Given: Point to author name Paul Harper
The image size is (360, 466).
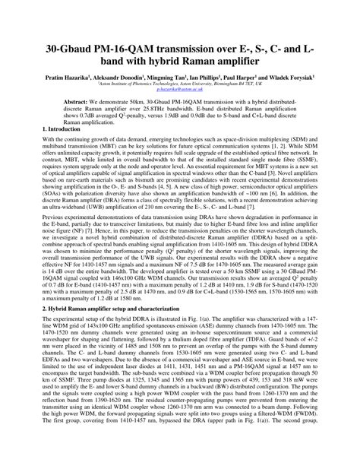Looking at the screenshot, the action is [x=265, y=78].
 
